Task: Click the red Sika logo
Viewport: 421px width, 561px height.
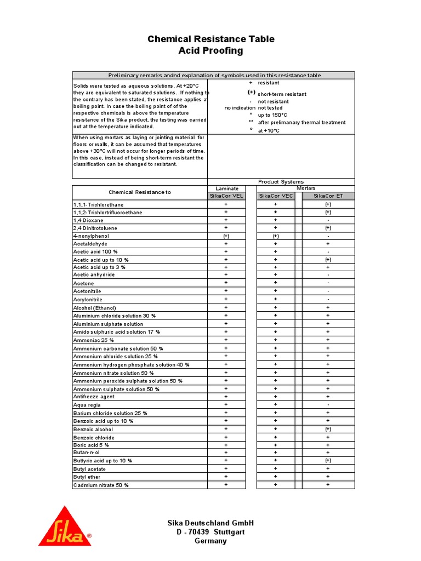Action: (65, 527)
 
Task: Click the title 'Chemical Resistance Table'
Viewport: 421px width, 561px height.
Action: (211, 39)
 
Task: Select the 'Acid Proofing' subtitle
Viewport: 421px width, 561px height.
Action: (211, 51)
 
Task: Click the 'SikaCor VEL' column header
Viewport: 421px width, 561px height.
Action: (226, 196)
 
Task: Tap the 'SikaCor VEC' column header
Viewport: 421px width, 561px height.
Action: (276, 196)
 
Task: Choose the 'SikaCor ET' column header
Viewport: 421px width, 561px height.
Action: (328, 196)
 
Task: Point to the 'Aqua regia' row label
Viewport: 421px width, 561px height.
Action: (87, 405)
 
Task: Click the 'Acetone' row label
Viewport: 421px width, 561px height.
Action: (84, 283)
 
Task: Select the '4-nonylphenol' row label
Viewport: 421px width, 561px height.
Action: (91, 236)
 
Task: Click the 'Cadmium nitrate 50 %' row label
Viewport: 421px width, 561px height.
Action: (101, 485)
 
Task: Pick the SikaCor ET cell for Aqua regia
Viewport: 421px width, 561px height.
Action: (328, 405)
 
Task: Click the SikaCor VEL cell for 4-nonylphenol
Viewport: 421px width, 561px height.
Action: (226, 236)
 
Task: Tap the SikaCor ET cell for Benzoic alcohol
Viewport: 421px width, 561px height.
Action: (328, 429)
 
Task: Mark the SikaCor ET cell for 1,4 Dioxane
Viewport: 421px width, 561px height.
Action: (328, 220)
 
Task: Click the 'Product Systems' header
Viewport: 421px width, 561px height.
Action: (281, 182)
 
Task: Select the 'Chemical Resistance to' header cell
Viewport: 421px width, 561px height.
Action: (140, 192)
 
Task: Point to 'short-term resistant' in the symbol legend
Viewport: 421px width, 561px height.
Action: (282, 94)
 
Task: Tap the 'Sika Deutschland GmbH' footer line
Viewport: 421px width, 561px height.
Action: (210, 523)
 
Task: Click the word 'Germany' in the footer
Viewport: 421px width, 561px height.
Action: (210, 541)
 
